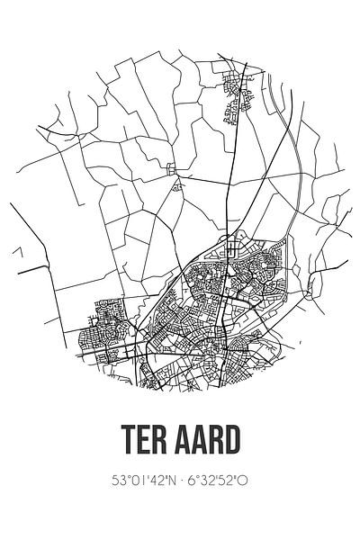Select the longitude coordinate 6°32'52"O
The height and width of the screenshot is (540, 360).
click(x=217, y=481)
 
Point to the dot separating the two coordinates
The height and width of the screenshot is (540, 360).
click(x=180, y=481)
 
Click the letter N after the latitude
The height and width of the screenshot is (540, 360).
click(x=170, y=481)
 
